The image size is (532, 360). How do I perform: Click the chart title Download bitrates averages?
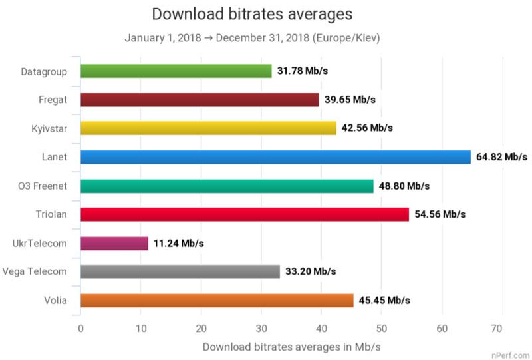coord(252,14)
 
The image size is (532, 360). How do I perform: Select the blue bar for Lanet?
coord(275,157)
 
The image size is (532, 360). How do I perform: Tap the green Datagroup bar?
coord(176,71)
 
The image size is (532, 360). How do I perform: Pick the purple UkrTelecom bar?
coord(114,243)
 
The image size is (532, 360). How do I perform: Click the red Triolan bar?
coord(244,214)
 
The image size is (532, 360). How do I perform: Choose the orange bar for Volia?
coord(217,301)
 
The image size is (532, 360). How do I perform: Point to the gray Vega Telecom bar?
coord(180,271)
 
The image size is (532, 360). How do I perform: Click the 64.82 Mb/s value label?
coord(502,157)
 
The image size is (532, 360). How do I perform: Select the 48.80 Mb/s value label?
coord(404,186)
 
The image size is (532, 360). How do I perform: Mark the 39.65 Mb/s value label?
coord(350,100)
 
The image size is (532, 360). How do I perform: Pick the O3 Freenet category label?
coord(42,186)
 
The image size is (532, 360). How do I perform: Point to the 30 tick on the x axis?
coord(261,328)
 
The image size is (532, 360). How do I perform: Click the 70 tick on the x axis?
coord(501,328)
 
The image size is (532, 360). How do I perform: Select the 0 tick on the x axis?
coord(80,328)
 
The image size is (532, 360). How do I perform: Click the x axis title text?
coord(291,347)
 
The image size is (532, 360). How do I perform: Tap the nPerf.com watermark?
coord(512,355)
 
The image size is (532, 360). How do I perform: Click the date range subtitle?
coord(252,38)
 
